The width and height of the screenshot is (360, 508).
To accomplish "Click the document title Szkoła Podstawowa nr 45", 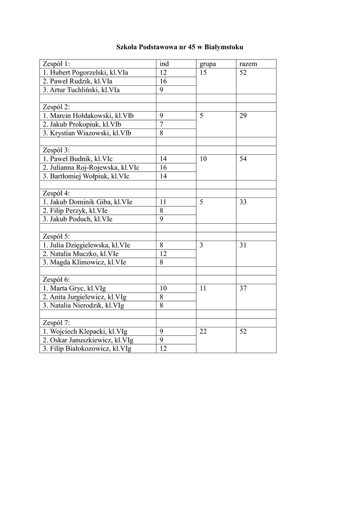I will tap(180, 47).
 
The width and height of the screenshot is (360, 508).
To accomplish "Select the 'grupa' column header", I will tap(208, 64).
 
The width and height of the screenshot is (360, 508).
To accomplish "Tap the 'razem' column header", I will tap(248, 64).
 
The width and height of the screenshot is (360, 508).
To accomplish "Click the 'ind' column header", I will tap(164, 64).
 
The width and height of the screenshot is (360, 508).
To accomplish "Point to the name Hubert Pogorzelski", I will tap(85, 72).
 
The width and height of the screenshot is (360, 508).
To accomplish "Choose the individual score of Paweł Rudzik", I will tap(163, 81).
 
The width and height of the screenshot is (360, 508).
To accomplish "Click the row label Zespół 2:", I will tap(57, 107).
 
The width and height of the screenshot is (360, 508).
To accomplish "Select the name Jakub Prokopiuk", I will tap(82, 125).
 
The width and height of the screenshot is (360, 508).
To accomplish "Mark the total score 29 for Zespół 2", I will tap(243, 116).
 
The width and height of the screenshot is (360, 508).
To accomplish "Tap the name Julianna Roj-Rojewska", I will tap(91, 168).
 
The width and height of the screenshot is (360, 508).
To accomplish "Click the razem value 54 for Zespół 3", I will tap(243, 159).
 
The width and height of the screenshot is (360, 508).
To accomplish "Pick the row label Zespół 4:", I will tap(57, 193).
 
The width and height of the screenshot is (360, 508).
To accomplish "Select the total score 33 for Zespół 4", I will tap(243, 202).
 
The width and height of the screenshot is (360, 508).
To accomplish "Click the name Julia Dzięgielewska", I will tap(87, 245).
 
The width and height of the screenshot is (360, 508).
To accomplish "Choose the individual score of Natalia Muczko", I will tap(163, 254).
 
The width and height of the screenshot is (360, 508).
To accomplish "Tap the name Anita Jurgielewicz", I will tap(84, 297).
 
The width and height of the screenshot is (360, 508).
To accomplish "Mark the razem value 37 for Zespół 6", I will tap(243, 288).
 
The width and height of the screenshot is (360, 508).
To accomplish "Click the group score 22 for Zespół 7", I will tap(204, 331).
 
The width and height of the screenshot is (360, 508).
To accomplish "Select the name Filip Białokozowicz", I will tap(87, 349).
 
